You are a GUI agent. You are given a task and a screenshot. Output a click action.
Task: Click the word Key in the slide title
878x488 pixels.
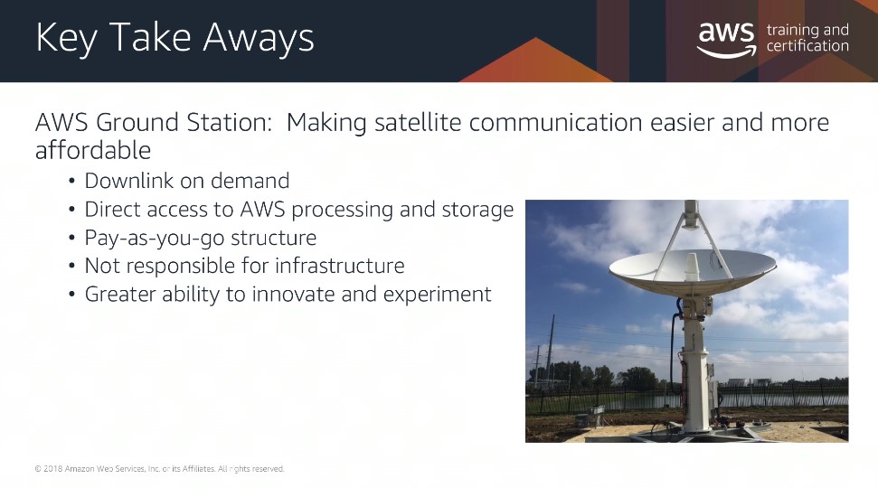point(66,39)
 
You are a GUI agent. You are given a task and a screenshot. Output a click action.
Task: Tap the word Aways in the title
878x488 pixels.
point(258,38)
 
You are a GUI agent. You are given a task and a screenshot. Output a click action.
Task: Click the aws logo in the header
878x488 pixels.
point(726,39)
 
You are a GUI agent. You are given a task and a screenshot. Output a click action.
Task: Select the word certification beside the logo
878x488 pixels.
point(807,45)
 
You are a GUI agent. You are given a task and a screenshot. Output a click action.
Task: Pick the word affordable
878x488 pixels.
point(93,150)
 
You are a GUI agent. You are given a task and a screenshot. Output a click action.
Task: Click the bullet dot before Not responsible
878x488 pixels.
point(71,266)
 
